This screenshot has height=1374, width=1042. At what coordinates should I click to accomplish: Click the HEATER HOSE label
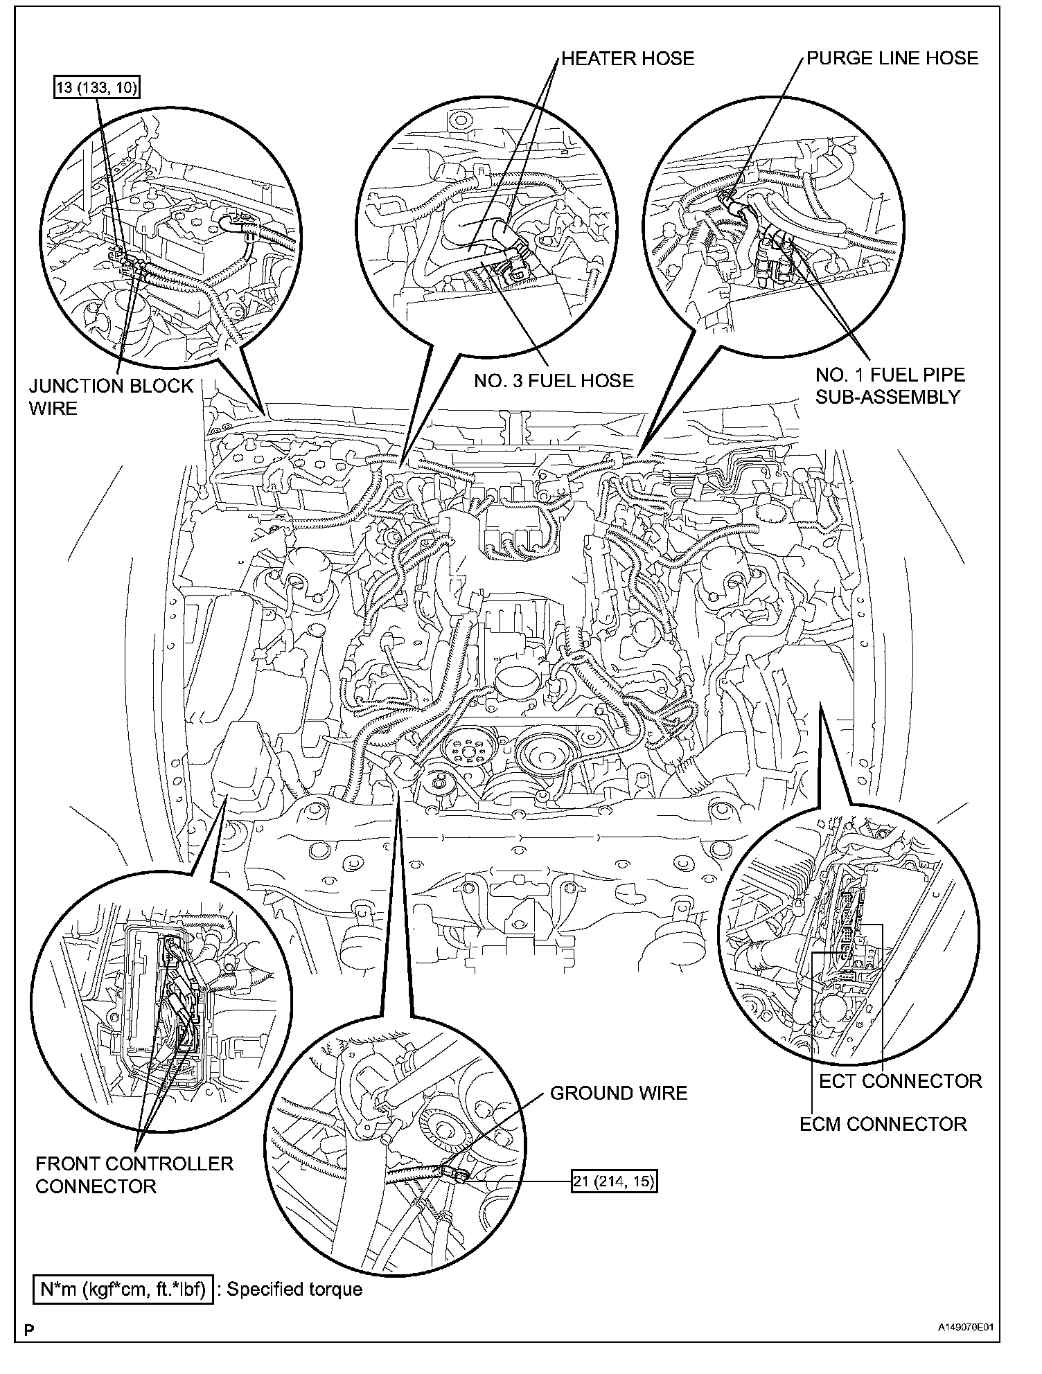click(627, 58)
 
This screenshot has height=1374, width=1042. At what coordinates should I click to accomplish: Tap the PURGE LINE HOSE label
click(892, 57)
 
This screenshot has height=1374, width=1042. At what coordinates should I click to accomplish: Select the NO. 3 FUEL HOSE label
click(554, 380)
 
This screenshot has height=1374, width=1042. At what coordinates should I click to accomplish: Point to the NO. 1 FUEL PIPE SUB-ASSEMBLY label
click(890, 386)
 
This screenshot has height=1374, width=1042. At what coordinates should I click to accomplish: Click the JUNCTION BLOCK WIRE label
click(111, 396)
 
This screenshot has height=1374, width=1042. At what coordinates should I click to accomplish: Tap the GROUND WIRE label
click(618, 1093)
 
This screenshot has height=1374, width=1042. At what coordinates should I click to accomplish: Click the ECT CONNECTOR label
click(900, 1081)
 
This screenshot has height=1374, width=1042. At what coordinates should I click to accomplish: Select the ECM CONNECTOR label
click(883, 1123)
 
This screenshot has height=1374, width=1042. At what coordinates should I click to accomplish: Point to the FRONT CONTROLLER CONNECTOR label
click(134, 1175)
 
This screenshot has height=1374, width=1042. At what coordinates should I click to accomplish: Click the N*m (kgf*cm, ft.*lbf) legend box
click(123, 1289)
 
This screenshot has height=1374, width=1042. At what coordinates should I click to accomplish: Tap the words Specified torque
click(294, 1289)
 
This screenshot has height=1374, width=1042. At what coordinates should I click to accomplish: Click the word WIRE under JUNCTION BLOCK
click(53, 408)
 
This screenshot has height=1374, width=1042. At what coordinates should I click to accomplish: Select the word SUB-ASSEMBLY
click(888, 397)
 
